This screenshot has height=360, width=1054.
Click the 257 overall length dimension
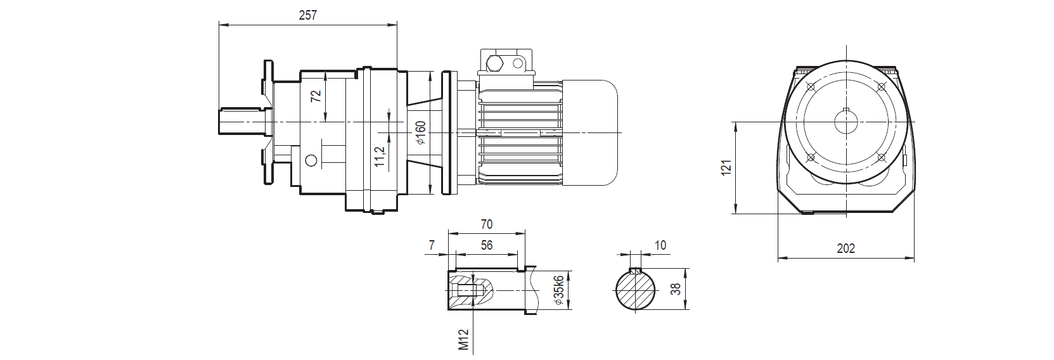307,16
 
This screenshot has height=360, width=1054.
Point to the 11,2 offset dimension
379,157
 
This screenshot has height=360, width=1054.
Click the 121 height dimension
727,167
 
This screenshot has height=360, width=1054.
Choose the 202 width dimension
845,248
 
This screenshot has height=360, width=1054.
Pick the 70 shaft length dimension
486,224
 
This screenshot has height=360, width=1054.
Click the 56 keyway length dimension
486,246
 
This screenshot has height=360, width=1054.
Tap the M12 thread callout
463,339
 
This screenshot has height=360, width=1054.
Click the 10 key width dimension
660,245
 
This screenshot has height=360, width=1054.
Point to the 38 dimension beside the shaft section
676,289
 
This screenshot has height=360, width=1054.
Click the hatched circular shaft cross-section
636,290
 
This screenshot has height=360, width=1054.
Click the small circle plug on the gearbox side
311,160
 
